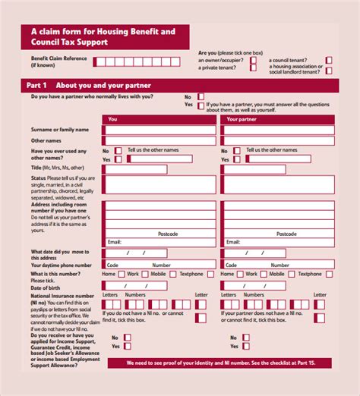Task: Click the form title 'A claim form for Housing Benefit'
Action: (x=103, y=31)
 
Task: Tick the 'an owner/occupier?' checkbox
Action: (x=253, y=59)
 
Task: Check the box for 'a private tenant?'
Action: (x=253, y=68)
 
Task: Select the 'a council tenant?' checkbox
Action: (x=329, y=59)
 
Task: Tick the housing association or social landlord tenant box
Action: (x=329, y=69)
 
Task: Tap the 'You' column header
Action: (x=113, y=119)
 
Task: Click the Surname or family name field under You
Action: (x=160, y=130)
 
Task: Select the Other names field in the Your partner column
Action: (x=277, y=140)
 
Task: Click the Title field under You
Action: (x=160, y=168)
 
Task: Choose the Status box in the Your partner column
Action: (x=277, y=185)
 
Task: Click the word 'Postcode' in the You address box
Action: (x=168, y=234)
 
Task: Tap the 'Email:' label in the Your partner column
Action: (x=232, y=242)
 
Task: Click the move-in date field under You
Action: (x=134, y=253)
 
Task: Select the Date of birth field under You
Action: (x=134, y=286)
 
